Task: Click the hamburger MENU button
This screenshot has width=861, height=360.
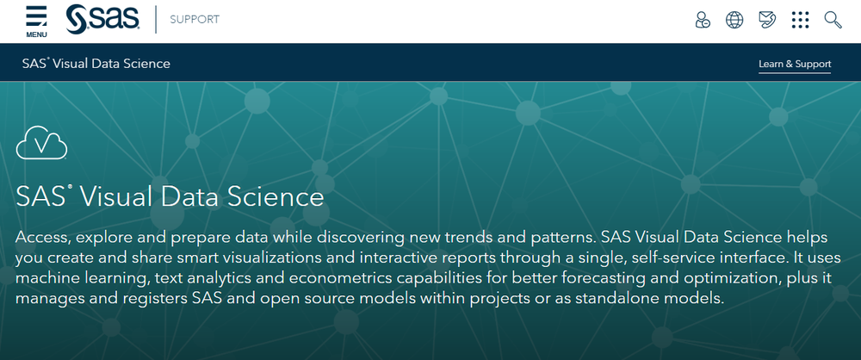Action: [36, 22]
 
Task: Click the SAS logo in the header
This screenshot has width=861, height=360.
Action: [102, 20]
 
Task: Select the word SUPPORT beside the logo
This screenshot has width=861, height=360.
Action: [195, 20]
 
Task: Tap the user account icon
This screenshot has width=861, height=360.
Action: [703, 21]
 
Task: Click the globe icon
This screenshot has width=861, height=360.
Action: [734, 21]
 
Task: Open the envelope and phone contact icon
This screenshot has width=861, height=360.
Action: [767, 21]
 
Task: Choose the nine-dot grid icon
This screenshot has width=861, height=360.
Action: [800, 21]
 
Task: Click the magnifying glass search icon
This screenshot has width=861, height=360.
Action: [833, 21]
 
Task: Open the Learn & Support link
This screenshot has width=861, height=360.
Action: [795, 65]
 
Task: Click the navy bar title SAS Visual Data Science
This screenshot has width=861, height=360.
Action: [96, 63]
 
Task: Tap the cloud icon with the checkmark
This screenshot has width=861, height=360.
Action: [41, 142]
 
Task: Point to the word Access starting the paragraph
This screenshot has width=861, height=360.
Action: [42, 238]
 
